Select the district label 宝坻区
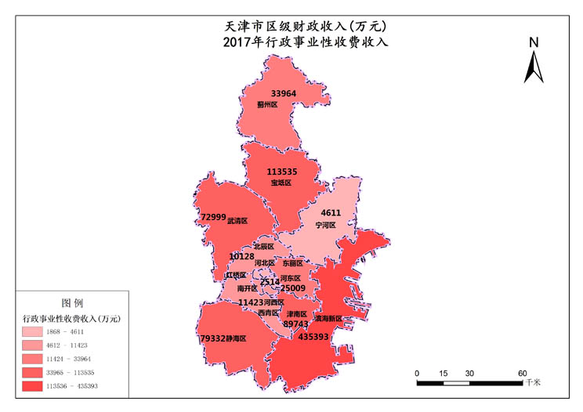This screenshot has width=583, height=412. (281, 183)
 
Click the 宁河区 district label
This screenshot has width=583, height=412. (325, 225)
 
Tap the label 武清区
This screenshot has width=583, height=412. (237, 221)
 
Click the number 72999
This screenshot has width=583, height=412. (213, 217)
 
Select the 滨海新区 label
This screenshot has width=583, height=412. (328, 320)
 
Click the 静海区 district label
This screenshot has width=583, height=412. (235, 339)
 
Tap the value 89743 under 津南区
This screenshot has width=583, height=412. (295, 324)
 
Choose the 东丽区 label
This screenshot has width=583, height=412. (292, 263)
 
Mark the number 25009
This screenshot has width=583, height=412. (293, 288)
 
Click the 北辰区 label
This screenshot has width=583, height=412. (263, 246)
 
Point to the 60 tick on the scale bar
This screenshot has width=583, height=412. (522, 373)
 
